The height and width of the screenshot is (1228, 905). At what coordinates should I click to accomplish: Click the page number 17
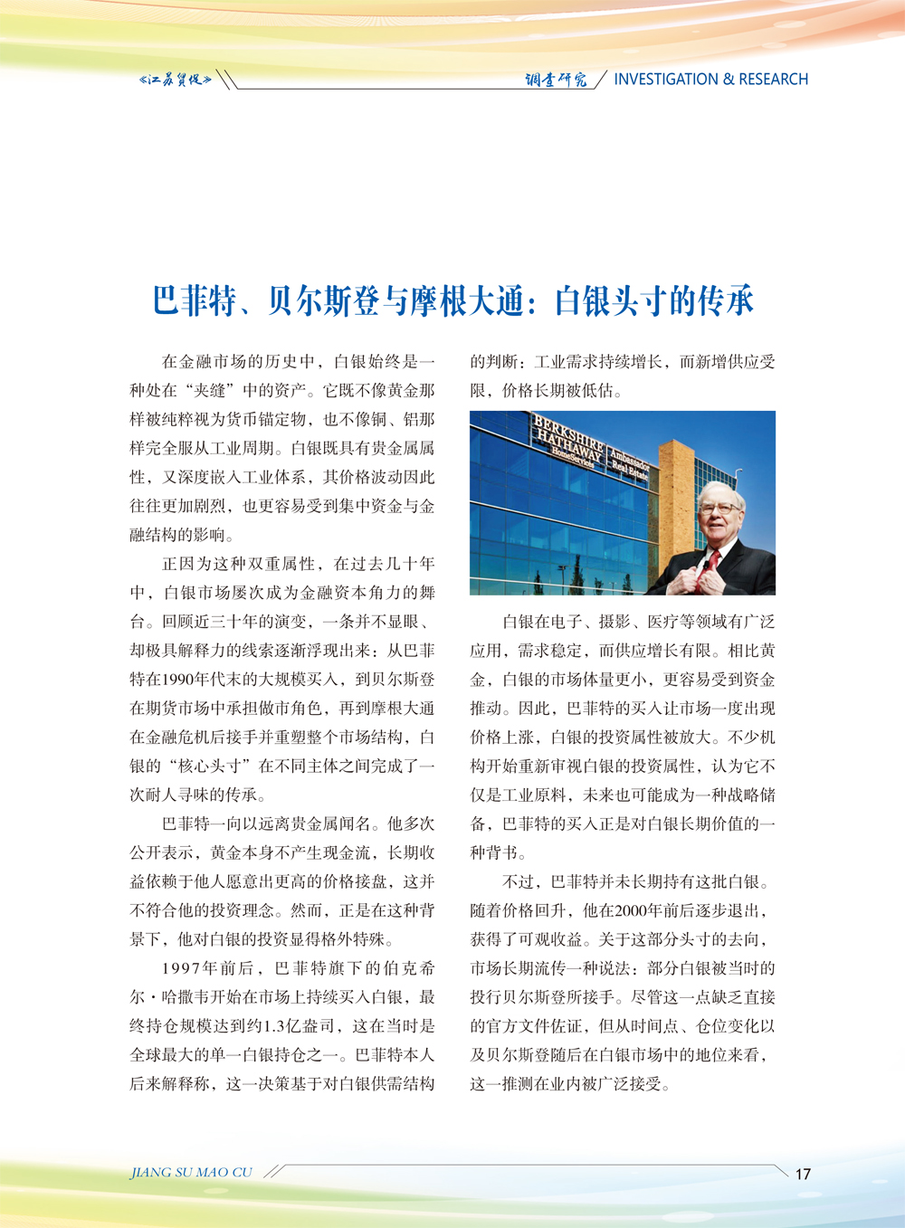pyautogui.click(x=803, y=1174)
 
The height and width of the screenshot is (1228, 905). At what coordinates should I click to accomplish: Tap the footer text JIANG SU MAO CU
pyautogui.click(x=191, y=1173)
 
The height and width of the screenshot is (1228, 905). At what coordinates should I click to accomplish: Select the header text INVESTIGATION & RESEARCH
pyautogui.click(x=710, y=80)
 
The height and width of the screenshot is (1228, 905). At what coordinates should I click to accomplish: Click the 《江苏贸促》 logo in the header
pyautogui.click(x=176, y=80)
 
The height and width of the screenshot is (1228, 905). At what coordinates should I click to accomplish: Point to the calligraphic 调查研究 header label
pyautogui.click(x=556, y=80)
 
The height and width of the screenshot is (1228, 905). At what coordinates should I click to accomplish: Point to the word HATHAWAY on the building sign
pyautogui.click(x=568, y=446)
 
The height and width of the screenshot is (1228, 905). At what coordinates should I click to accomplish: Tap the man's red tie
pyautogui.click(x=713, y=560)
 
